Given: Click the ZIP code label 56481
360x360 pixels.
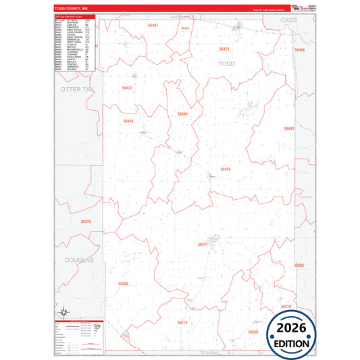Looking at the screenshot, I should point(153,25).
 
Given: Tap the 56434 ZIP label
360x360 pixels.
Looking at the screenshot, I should point(185,28).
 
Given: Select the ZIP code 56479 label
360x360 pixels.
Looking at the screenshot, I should point(224,49).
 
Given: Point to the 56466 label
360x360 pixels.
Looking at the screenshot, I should point(299,50).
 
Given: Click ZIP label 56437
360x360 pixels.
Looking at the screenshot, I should point(127,88).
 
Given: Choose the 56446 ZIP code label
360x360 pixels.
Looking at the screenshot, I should point(128,121).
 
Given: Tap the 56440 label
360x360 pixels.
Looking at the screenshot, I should point(182,114).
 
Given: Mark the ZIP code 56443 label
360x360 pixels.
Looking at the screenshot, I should point(288,128).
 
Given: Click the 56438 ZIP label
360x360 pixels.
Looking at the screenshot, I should point(226,170).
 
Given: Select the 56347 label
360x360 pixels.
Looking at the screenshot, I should point(203,244).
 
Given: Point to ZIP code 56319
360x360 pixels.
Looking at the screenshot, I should point(86,222).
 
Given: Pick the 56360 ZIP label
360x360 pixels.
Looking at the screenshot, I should point(123,284).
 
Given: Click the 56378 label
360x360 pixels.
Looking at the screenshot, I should point(182,323).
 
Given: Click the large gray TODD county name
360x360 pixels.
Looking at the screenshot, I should point(228,63).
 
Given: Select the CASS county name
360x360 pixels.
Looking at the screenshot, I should point(288,22).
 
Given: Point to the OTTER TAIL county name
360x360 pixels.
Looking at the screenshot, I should point(76,88).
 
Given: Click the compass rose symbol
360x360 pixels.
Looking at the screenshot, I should point(63,311).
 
